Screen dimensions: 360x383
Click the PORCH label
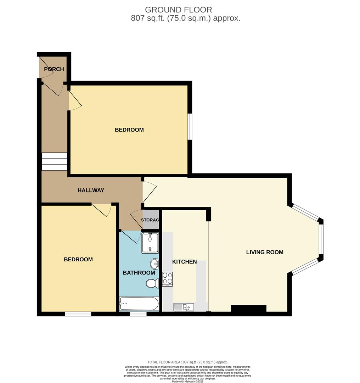pos(54,69)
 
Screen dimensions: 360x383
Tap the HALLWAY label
pos(91,190)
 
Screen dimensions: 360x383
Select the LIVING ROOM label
pos(265,252)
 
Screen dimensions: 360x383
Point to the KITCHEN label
pos(185,262)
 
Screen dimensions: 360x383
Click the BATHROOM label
pos(139,273)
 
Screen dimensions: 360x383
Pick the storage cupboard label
pos(150,220)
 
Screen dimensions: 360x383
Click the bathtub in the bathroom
pos(139,304)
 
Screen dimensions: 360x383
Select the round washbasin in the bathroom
pos(155,263)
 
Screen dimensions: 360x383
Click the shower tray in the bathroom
pos(150,243)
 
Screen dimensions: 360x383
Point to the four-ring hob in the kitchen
pos(168,279)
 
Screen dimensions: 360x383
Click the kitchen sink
pos(184,307)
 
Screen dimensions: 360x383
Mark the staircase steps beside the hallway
pos(54,162)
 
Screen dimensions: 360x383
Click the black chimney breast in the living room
pos(248,309)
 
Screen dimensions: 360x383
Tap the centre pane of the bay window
pos(321,239)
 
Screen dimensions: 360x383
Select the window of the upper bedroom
pos(190,126)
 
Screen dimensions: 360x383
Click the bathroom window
pos(138,314)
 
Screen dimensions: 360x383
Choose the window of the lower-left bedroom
pos(78,314)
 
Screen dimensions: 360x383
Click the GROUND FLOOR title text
pos(179,10)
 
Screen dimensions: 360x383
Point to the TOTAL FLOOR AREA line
pos(187,362)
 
